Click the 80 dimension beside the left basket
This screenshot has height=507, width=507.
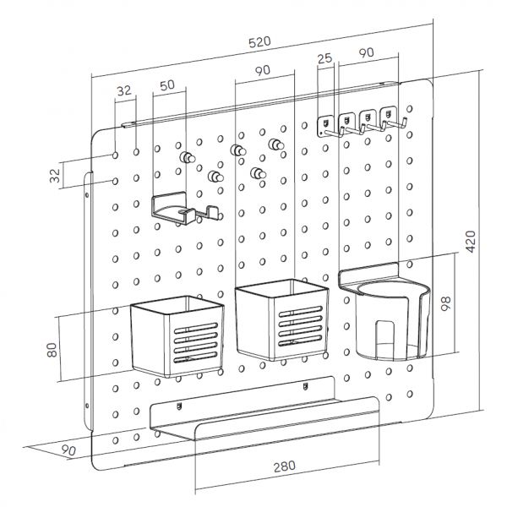(53, 347)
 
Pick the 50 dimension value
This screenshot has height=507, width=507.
(166, 84)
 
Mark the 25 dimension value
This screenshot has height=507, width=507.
(323, 58)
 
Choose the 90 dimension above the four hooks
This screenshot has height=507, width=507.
(366, 52)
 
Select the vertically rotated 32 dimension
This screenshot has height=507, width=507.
(55, 176)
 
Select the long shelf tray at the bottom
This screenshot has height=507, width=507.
(262, 420)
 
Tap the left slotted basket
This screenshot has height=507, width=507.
(177, 335)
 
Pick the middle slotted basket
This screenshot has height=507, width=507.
(281, 319)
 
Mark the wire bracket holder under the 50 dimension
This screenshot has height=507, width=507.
(182, 210)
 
